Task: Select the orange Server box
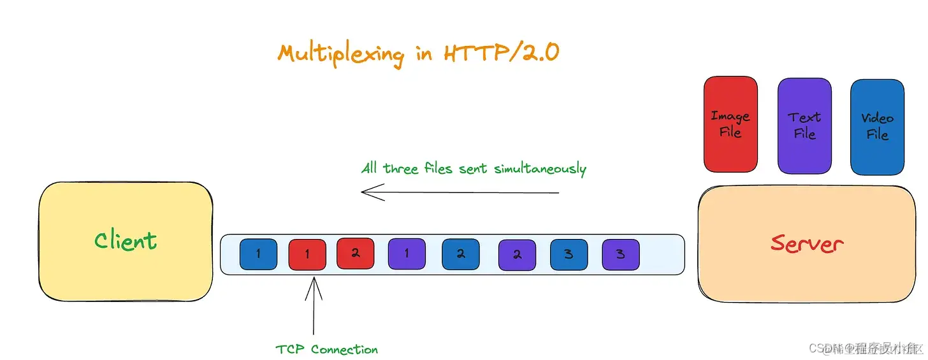click(x=807, y=243)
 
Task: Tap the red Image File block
click(x=730, y=124)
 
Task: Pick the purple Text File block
click(x=804, y=126)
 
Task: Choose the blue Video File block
click(x=877, y=127)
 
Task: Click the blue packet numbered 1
click(x=258, y=254)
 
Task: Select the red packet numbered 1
click(x=307, y=254)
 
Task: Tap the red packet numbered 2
click(x=355, y=253)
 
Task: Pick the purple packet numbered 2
click(x=517, y=255)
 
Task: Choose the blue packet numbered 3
click(x=569, y=254)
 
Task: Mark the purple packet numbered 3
click(x=620, y=254)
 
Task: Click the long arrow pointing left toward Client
click(x=459, y=192)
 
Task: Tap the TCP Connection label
click(x=326, y=349)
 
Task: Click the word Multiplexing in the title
click(x=341, y=54)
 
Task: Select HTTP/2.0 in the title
click(x=501, y=52)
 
